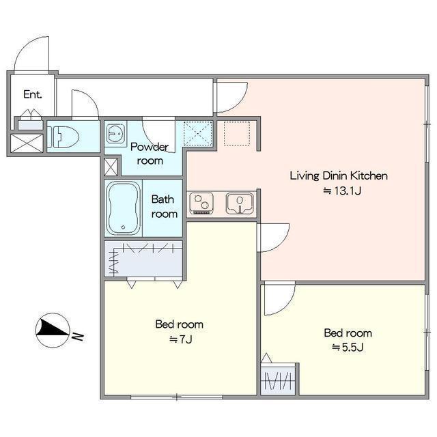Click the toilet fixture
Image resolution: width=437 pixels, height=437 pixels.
pos(64,137)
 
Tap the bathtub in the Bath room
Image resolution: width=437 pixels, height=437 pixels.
pos(124,208)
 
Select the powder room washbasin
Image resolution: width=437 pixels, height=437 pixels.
pos(115,133)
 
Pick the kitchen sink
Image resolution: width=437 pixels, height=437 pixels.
pos(240,203)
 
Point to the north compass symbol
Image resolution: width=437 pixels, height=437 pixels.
pos(53,330)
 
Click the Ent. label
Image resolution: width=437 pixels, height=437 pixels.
pos(33,94)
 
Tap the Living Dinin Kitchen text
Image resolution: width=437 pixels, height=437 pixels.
pos(339,176)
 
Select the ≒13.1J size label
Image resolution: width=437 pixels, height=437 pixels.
pos(342,191)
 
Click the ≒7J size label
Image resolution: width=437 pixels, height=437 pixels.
pos(181,339)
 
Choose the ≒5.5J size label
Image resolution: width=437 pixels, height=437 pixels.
pos(348,348)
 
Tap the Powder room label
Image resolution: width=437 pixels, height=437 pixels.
pos(150,154)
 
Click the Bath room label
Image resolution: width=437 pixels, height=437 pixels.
pos(164,206)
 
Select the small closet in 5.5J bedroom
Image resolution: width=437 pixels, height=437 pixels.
pos(278,379)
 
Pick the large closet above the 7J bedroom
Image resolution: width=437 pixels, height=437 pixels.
pos(143,259)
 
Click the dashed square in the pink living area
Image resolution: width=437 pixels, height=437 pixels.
pos(237,133)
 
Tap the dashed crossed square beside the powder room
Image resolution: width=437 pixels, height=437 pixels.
pos(198,133)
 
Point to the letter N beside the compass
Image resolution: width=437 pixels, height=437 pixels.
pos(78,337)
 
